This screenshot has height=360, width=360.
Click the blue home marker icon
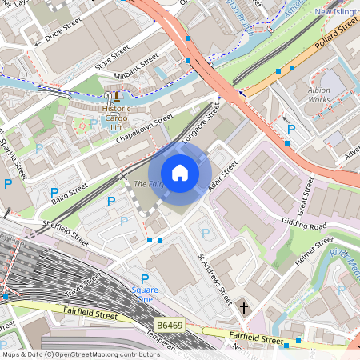[x=180, y=172]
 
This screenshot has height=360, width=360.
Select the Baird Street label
[x=69, y=190]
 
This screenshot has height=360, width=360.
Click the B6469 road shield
[x=166, y=326]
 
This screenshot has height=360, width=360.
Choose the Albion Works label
[x=324, y=95]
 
